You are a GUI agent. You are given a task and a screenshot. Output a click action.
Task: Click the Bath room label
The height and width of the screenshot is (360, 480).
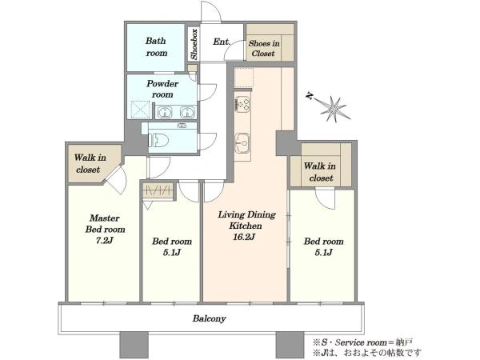[x=157, y=47]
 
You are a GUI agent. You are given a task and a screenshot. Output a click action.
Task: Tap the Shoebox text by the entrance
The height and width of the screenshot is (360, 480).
[x=194, y=44]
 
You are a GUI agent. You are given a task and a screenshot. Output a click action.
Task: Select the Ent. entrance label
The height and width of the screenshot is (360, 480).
[x=222, y=42]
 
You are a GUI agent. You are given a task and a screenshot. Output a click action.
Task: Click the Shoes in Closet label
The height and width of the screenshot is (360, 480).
[x=264, y=48]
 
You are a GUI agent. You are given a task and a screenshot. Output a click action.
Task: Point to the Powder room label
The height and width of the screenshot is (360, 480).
[x=162, y=89]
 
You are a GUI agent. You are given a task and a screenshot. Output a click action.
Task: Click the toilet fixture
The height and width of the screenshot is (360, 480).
[x=158, y=141]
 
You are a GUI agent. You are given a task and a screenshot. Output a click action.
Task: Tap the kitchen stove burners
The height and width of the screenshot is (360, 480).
[x=242, y=103]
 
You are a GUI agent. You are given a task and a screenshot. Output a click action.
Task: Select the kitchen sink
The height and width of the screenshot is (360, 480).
[x=242, y=142]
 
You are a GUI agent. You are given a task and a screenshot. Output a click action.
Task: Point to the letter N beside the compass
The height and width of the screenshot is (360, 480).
[x=310, y=96]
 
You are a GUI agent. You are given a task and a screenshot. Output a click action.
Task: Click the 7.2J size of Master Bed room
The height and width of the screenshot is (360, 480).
[x=104, y=241]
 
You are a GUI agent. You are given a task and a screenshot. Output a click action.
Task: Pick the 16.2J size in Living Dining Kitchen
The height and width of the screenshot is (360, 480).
[x=244, y=237]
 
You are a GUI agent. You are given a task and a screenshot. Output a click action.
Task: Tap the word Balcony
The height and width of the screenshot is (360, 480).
[x=210, y=318]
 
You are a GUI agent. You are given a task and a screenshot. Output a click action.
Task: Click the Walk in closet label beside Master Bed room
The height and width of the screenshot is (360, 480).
[x=90, y=163]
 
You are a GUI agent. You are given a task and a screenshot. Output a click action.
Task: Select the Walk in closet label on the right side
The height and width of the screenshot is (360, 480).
[x=320, y=172]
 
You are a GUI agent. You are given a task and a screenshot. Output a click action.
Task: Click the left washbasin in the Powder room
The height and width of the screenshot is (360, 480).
[x=165, y=112]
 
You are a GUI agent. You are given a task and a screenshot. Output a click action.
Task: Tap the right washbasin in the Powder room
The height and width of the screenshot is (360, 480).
[x=187, y=112]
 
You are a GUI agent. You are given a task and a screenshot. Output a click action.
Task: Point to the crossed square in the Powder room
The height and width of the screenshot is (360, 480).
[x=140, y=110]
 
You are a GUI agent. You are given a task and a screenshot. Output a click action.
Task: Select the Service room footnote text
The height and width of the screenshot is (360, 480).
[x=362, y=342]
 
